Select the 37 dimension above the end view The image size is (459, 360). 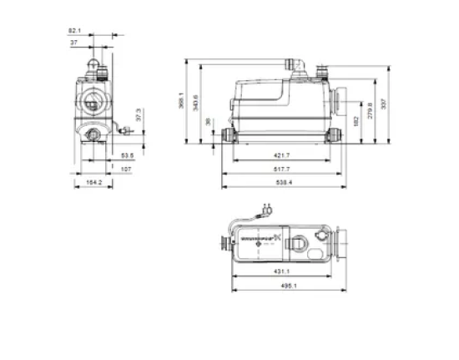[x=74, y=42]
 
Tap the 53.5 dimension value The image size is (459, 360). [x=126, y=155]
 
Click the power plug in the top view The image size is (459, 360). [x=268, y=209]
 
